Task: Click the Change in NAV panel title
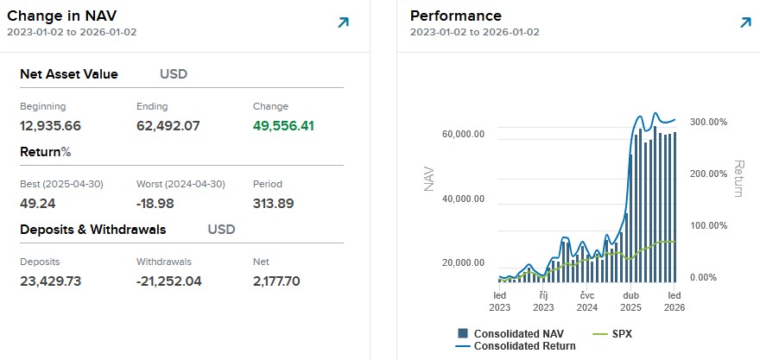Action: coord(62,16)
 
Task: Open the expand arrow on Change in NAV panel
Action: coord(343,22)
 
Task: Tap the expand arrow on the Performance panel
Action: coord(745,22)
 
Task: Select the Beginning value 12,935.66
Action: coord(50,126)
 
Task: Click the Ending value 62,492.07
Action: coord(168,126)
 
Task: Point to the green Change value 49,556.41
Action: coord(283,126)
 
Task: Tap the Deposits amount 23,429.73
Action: coord(50,281)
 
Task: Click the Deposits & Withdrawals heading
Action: coord(92,230)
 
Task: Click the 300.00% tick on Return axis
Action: coord(707,122)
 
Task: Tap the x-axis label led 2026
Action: coord(674,300)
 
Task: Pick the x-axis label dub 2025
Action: coord(630,300)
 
